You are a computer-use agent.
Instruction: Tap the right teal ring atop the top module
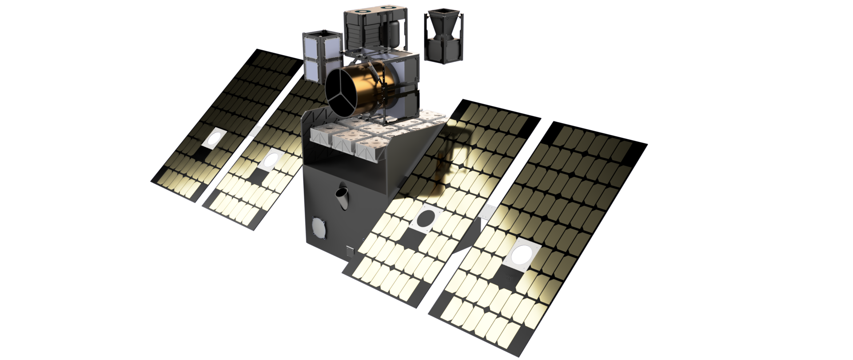(388, 8)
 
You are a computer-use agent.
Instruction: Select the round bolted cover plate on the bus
(319, 228)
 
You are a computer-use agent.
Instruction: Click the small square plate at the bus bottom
(351, 251)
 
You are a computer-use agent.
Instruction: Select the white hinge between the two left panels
(256, 131)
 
